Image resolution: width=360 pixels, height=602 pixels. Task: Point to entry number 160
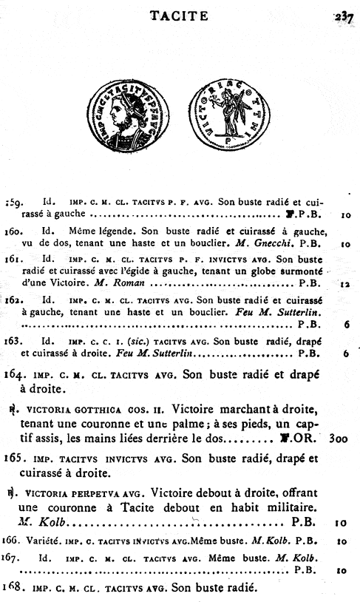pos(16,231)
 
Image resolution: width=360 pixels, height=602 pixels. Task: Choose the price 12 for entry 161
pos(344,283)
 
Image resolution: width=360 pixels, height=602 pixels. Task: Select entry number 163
pos(16,342)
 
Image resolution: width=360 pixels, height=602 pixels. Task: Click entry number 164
pos(17,373)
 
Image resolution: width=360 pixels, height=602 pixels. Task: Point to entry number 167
pos(16,556)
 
